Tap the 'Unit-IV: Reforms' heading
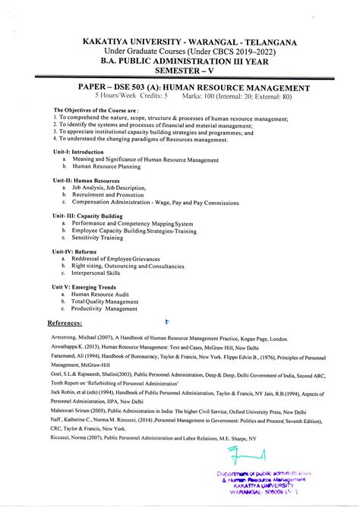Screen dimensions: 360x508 (x=74, y=251)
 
